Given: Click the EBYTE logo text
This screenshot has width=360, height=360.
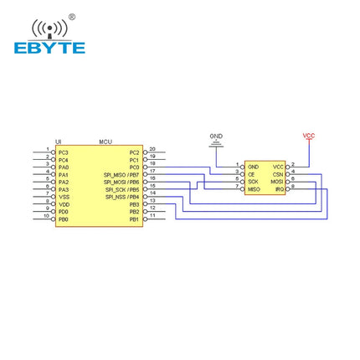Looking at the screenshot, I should [49, 48].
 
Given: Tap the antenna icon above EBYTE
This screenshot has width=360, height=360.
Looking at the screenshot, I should [49, 28].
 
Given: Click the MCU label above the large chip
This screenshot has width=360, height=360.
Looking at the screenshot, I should [105, 142].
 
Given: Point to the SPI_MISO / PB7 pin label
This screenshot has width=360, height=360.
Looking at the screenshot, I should [121, 174].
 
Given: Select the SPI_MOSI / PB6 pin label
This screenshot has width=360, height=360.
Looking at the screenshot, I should [121, 182].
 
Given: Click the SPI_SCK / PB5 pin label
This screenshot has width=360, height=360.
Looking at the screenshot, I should [122, 189].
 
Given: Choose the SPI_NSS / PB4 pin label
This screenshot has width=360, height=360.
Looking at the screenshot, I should [122, 197].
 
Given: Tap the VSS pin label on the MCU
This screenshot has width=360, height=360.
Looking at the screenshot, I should [64, 197].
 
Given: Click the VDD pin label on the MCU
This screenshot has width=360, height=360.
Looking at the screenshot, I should [64, 204].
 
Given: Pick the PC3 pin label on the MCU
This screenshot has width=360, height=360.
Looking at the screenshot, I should [64, 152].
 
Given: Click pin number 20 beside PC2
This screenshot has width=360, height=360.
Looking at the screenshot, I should [152, 149].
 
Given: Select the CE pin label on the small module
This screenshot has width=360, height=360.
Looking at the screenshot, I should [251, 174].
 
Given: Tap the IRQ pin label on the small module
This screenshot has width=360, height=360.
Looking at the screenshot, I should [278, 189].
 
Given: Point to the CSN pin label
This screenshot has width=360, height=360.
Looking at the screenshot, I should [278, 174].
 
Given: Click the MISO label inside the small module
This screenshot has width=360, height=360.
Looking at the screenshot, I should [254, 189].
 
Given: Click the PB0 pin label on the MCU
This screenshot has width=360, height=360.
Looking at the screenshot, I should [64, 219].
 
